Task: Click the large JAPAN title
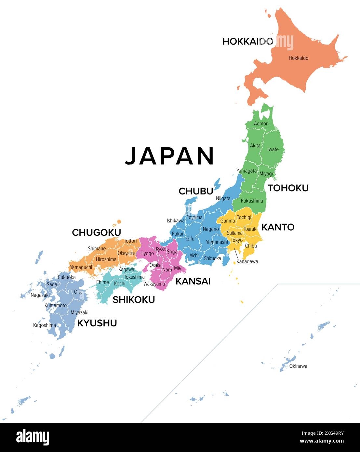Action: pos(169,156)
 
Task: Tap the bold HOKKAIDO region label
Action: pos(247,41)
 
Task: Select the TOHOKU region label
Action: pos(288,188)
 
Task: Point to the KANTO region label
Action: pos(278,227)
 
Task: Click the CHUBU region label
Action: pos(196,191)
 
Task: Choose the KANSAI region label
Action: pos(193,281)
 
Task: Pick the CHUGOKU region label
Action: pos(96,233)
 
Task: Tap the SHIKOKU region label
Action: pos(133,299)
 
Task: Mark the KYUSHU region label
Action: pos(97,323)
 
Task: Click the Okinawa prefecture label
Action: pos(298,366)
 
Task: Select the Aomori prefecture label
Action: pos(261,124)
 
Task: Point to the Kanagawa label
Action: pos(247,261)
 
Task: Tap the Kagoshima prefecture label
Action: pos(45,325)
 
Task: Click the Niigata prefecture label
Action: pos(223,198)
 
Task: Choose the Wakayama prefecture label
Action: pos(154,284)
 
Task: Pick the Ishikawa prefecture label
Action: pos(176,221)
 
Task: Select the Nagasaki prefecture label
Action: pos(40,295)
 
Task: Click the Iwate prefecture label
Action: pos(273,149)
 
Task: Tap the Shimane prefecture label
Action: pos(97,248)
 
